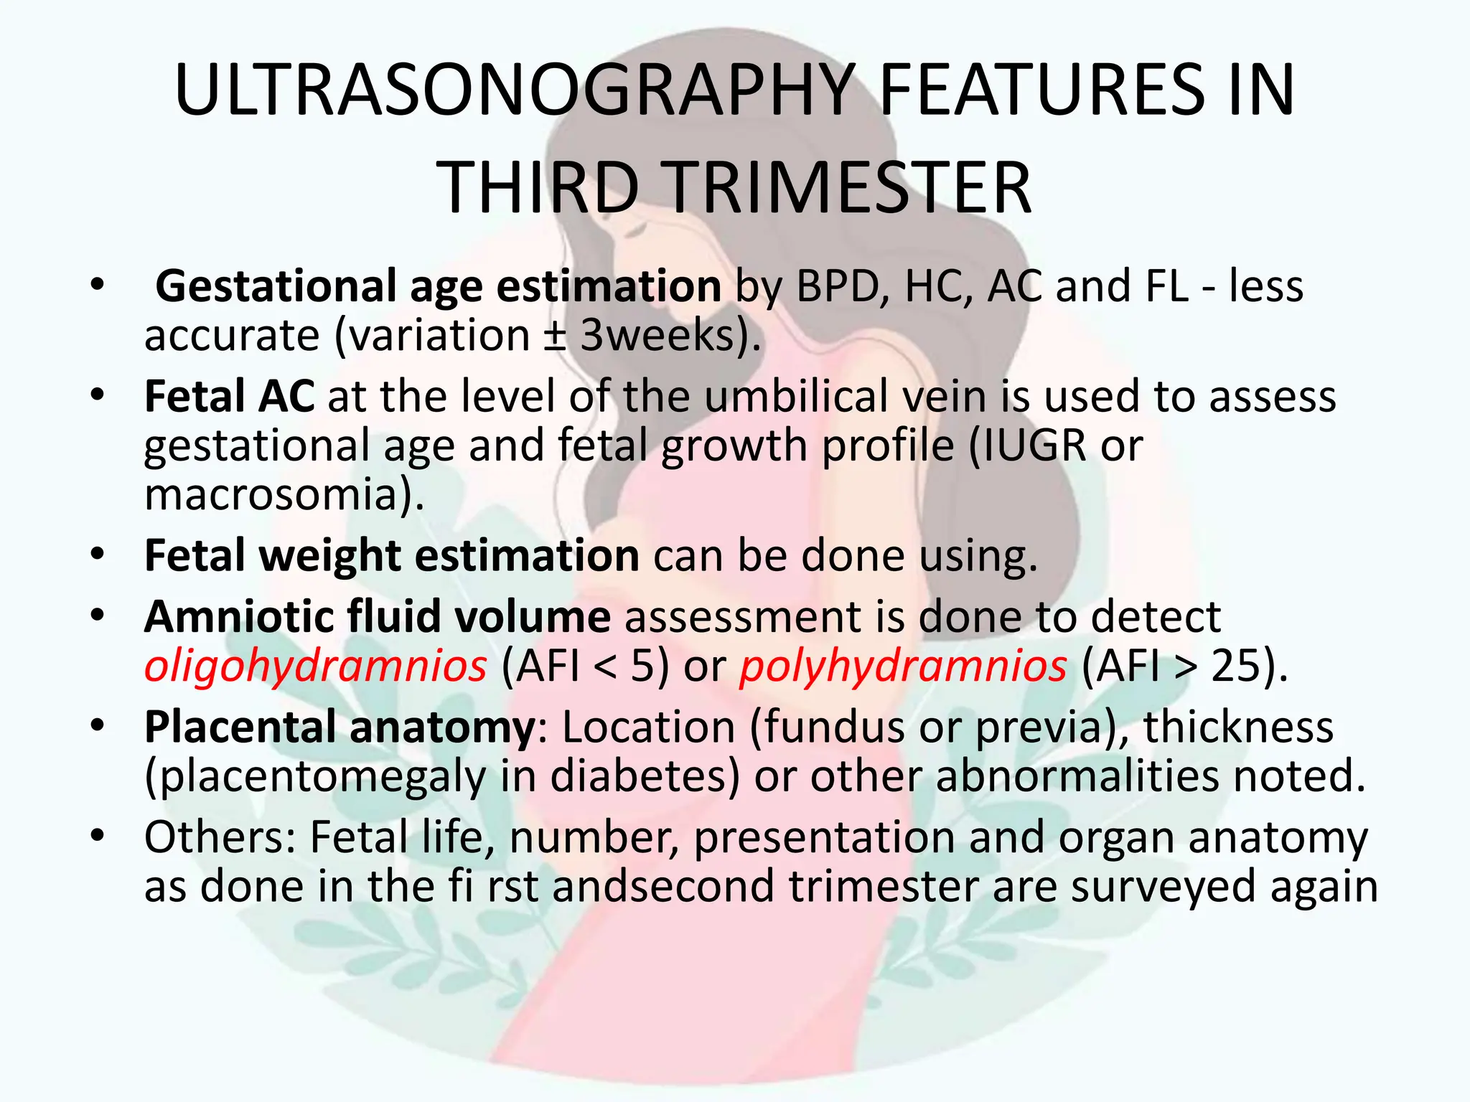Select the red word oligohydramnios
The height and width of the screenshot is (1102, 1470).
click(315, 666)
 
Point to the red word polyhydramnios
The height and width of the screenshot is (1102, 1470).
click(903, 666)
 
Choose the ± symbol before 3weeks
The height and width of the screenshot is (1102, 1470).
click(554, 335)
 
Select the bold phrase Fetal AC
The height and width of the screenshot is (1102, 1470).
click(229, 396)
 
